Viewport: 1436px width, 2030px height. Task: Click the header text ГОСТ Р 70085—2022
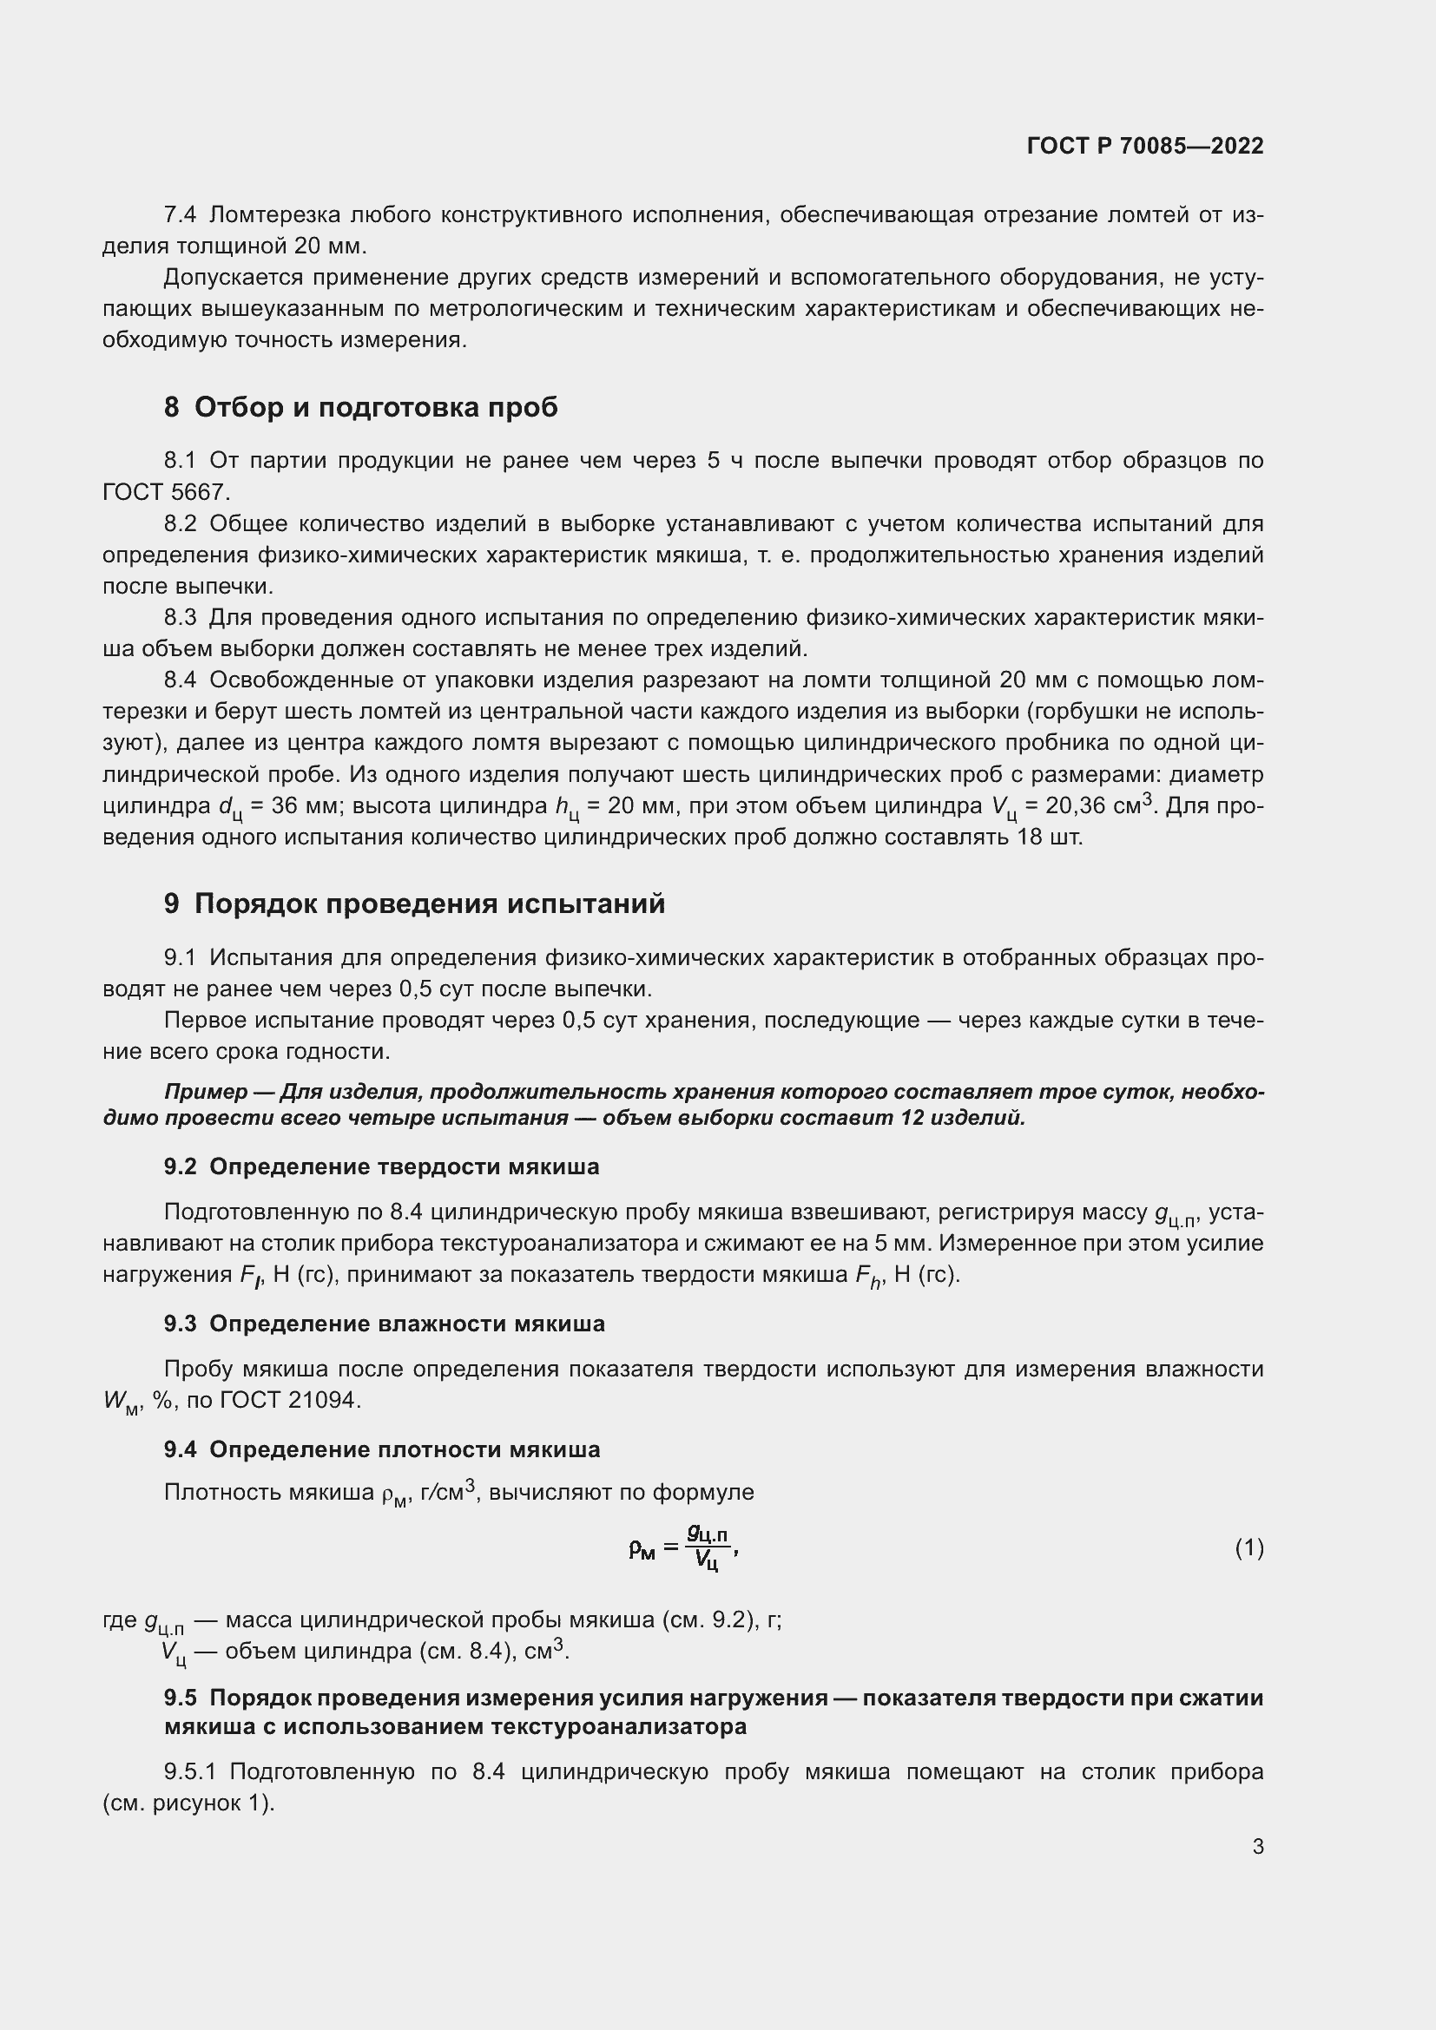(1144, 146)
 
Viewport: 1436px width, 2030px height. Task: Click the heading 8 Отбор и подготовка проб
(361, 407)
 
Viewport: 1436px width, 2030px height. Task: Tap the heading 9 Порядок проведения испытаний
(414, 903)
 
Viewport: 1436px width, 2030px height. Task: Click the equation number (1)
(1248, 1547)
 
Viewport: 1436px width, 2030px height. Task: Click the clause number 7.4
(181, 215)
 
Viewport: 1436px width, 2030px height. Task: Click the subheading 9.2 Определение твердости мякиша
(381, 1166)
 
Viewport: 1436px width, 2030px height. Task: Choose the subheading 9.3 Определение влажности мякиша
(384, 1324)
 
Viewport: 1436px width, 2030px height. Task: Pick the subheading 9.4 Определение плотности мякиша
(381, 1449)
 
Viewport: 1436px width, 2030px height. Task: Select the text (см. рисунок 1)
(188, 1803)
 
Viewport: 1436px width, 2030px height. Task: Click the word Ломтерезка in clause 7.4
(275, 215)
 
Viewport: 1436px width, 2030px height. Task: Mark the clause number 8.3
(181, 617)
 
